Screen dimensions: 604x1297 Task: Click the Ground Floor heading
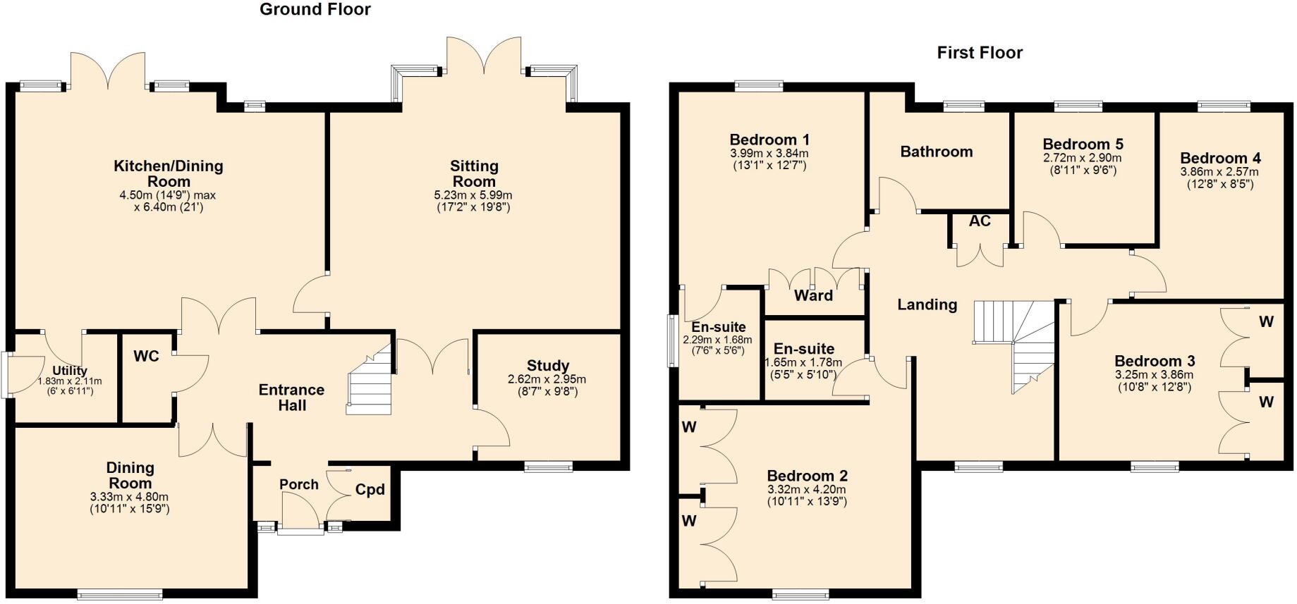coord(315,9)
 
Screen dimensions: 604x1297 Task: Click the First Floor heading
coord(979,53)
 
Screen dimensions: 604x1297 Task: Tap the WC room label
coord(146,356)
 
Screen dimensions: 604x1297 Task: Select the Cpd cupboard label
coord(370,489)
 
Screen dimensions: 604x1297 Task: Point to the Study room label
coord(547,366)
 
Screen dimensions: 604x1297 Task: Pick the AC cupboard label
coord(979,221)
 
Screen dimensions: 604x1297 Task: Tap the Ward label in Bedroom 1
coord(813,295)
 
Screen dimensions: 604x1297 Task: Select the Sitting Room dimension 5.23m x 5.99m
coord(473,195)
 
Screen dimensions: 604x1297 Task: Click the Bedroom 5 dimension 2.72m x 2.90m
coord(1082,158)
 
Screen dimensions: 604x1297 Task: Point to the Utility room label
coord(70,371)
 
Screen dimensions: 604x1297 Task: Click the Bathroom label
coord(936,152)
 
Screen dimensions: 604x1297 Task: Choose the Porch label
coord(298,484)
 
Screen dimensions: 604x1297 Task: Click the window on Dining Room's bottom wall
coord(119,595)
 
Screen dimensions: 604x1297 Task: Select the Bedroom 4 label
coord(1219,158)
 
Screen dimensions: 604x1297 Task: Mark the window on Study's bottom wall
coord(548,466)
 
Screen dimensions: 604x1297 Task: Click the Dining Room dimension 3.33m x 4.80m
coord(130,497)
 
